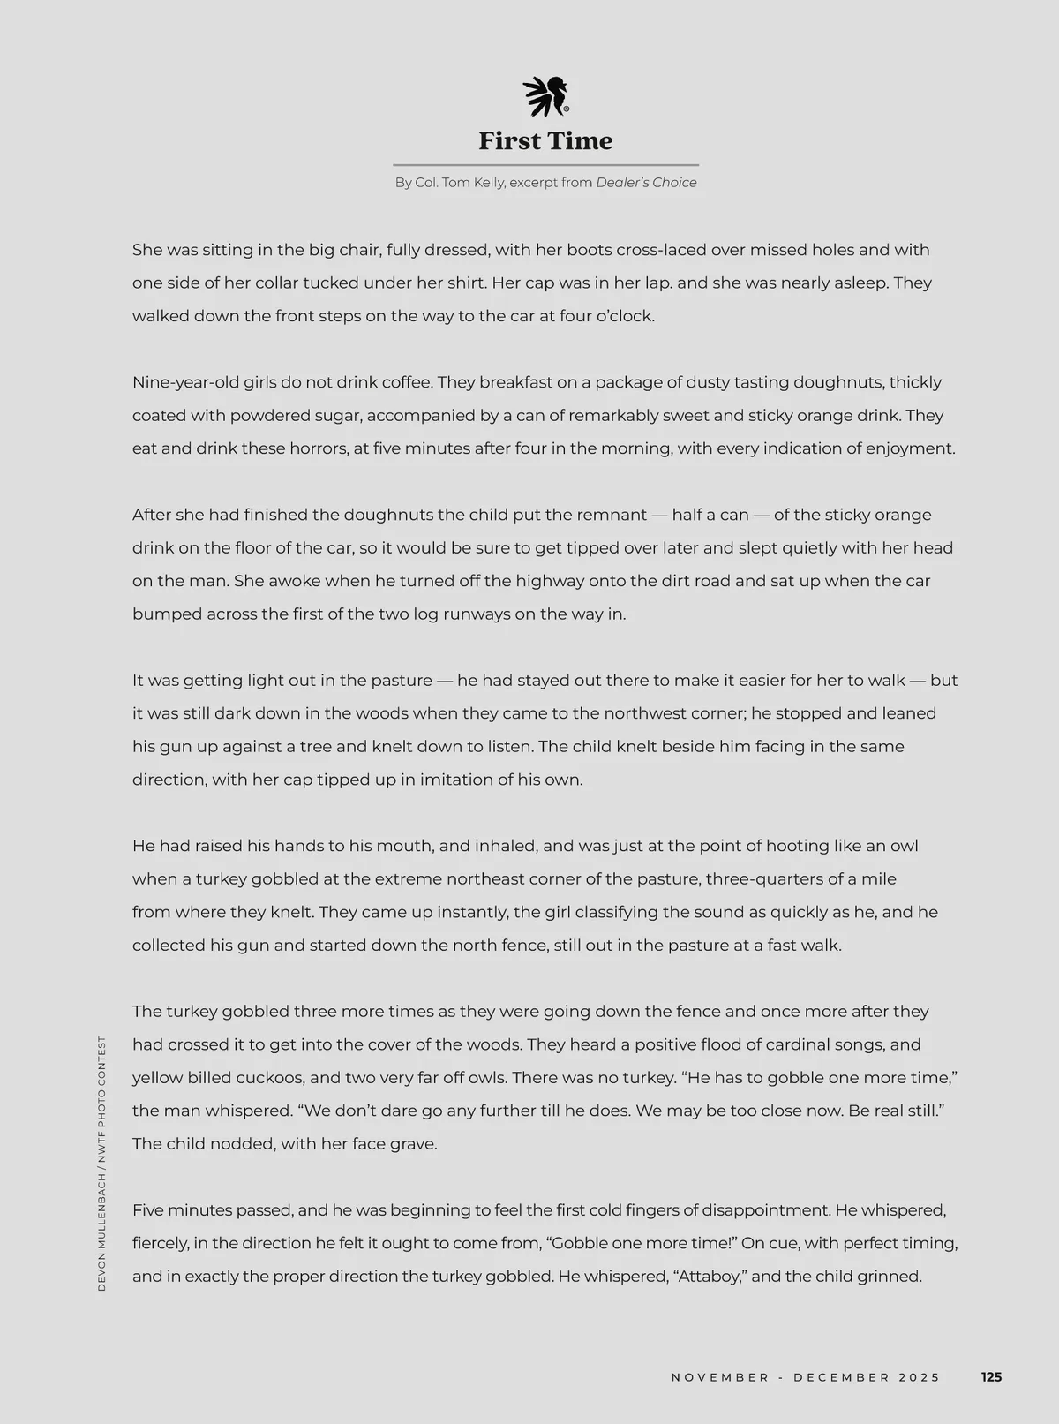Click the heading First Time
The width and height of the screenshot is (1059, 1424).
[x=545, y=141]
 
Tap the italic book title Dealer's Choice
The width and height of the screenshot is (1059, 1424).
[x=646, y=183]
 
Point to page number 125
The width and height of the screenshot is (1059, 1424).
[x=991, y=1377]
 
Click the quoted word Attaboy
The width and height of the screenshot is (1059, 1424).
[x=711, y=1277]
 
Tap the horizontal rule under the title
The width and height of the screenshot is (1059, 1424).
[x=545, y=165]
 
